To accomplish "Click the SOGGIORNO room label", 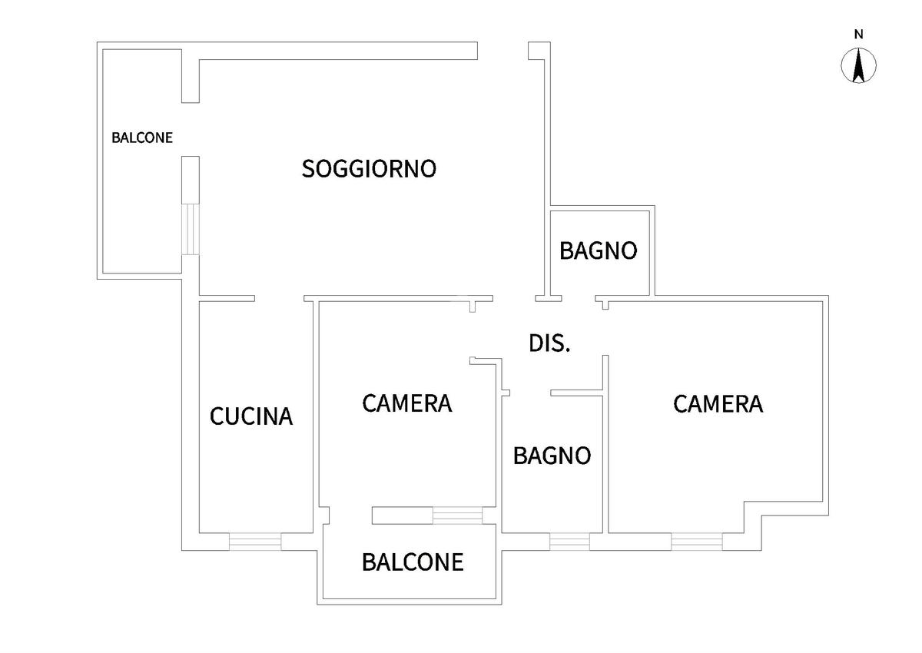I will tap(369, 168).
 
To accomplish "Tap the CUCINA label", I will tap(251, 416).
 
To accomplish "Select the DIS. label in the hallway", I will tap(549, 343).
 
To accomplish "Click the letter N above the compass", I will tap(859, 34).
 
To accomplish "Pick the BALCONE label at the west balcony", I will tap(142, 138).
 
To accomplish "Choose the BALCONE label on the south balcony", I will tap(413, 562).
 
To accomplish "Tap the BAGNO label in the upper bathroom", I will tap(598, 250).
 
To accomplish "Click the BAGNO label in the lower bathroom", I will tap(552, 456).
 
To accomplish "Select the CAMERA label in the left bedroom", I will tap(406, 403).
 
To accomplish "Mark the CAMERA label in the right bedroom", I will tap(718, 404).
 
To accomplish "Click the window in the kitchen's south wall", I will tap(255, 542).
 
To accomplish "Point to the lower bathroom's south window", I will tap(569, 542).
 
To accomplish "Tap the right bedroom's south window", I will tap(696, 542).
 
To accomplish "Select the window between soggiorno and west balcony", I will tap(191, 228).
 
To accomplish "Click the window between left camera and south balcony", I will tap(457, 515).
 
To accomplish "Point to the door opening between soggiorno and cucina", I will tap(280, 298).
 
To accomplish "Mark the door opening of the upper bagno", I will tap(579, 298).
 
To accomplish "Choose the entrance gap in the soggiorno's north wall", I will tap(503, 51).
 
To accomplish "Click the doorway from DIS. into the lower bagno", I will tap(529, 393).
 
